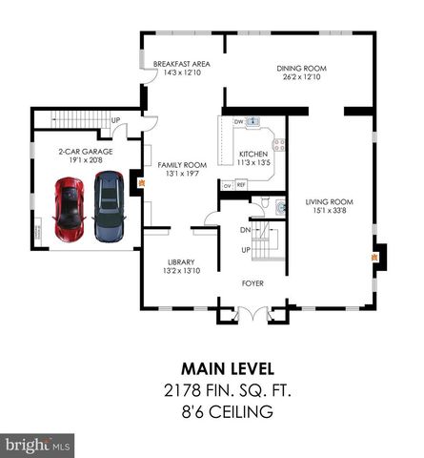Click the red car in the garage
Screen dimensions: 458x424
(71, 208)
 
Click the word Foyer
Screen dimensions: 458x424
(252, 283)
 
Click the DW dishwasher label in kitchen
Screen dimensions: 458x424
(239, 122)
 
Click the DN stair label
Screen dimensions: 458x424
(245, 230)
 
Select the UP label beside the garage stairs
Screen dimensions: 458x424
(115, 121)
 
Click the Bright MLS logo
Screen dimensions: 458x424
(38, 445)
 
